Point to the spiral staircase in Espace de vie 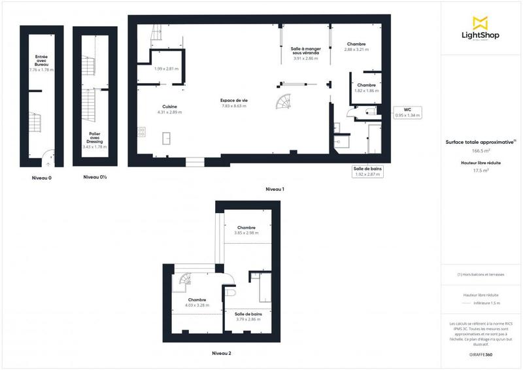(285, 103)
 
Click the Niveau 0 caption (42, 178)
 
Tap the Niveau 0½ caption (95, 177)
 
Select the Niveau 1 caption (275, 189)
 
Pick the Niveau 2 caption (222, 353)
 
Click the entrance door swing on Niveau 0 (47, 156)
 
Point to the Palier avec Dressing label (95, 138)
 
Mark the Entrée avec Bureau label (41, 64)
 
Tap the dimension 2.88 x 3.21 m (357, 50)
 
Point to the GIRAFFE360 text (481, 353)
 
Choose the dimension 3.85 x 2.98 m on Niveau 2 (246, 233)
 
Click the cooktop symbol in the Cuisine (141, 132)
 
